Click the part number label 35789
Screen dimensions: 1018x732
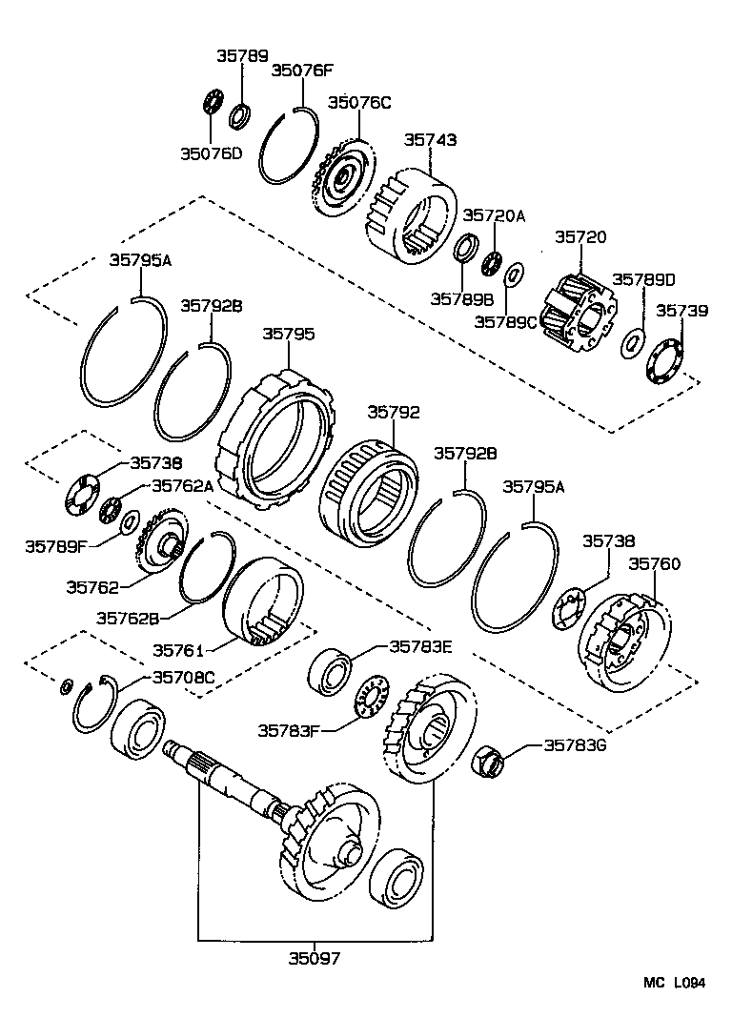pyautogui.click(x=242, y=56)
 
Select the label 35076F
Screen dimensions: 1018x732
pyautogui.click(x=303, y=70)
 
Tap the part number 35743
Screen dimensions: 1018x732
pyautogui.click(x=430, y=139)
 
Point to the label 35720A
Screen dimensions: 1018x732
pyautogui.click(x=494, y=216)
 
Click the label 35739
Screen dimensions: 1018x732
pyautogui.click(x=681, y=311)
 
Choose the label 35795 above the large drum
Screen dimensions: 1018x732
pyautogui.click(x=288, y=335)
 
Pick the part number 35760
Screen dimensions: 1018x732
pyautogui.click(x=654, y=564)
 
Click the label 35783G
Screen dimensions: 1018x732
pyautogui.click(x=575, y=745)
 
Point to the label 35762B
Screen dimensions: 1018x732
pyautogui.click(x=128, y=617)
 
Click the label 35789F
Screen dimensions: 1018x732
pyautogui.click(x=56, y=546)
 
